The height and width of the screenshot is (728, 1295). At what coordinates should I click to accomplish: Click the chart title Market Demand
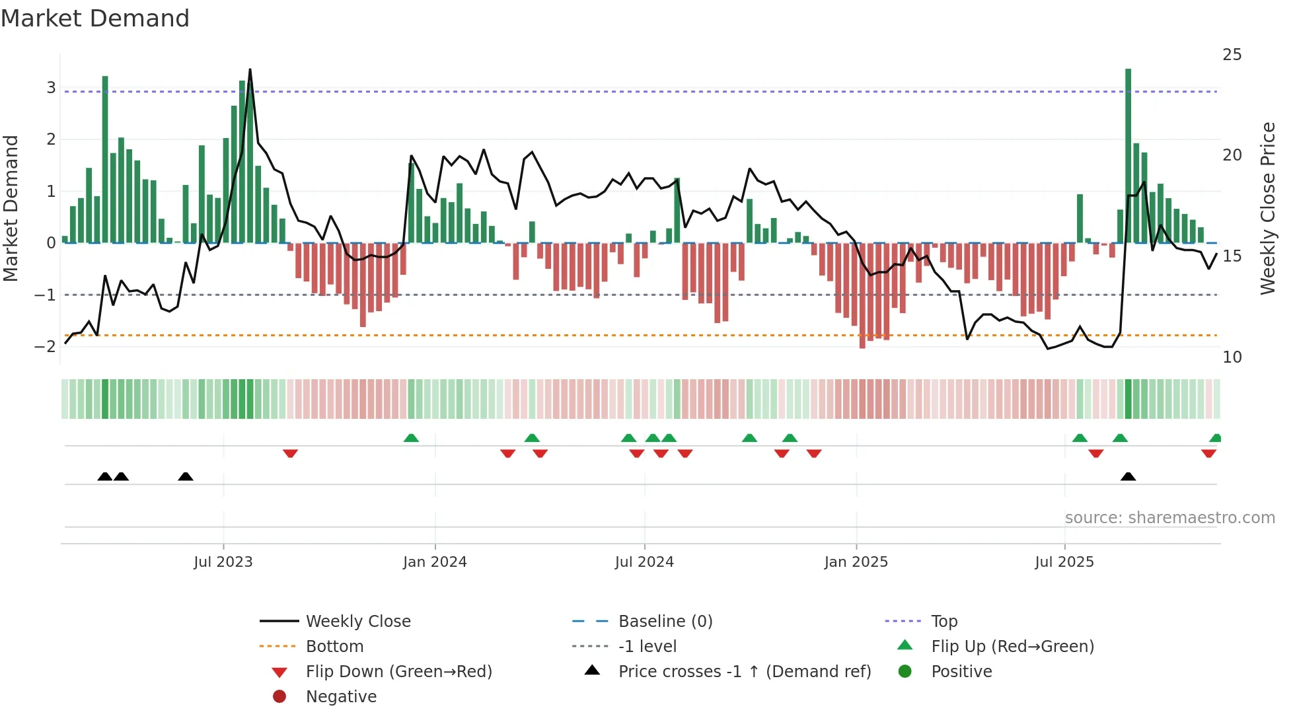(x=95, y=18)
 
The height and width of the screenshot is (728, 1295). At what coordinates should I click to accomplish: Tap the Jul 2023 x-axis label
(x=223, y=562)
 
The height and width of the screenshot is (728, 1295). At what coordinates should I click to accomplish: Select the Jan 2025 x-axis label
(x=856, y=562)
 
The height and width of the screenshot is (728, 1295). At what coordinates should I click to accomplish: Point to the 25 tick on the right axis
(x=1232, y=55)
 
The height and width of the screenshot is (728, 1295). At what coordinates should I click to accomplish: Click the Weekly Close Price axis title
(x=1267, y=208)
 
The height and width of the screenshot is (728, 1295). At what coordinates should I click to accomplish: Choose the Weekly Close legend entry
(x=358, y=621)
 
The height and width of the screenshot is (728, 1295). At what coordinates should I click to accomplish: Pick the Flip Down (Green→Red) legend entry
(x=398, y=672)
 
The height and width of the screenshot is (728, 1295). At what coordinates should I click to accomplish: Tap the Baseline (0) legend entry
(x=665, y=621)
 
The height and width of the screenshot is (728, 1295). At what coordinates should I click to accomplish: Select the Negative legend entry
(x=341, y=697)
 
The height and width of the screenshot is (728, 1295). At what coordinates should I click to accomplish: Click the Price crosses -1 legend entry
(x=745, y=672)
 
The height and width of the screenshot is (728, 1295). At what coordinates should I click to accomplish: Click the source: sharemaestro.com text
(x=1169, y=518)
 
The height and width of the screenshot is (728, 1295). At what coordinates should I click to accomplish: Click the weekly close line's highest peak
(x=250, y=70)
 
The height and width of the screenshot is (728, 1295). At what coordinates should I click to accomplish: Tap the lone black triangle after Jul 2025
(x=1128, y=477)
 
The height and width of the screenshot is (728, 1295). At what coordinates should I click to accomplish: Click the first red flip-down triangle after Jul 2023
(x=290, y=453)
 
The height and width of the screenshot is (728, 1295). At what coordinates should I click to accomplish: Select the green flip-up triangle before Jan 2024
(x=411, y=438)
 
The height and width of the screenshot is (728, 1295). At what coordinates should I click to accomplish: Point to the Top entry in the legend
(x=944, y=621)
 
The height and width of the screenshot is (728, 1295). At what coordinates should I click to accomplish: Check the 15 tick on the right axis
(x=1232, y=256)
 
